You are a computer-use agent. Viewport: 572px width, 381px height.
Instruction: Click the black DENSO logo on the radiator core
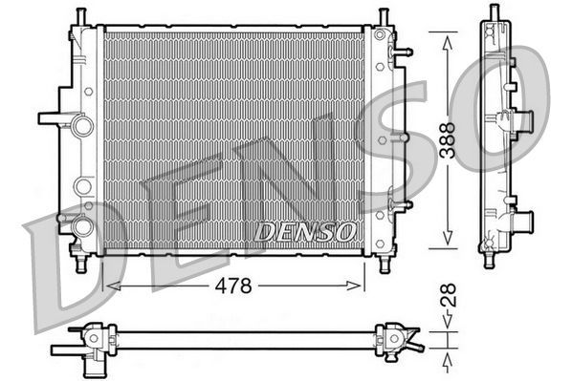pos(305,232)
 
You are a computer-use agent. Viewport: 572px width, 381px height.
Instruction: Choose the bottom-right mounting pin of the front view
pos(384,263)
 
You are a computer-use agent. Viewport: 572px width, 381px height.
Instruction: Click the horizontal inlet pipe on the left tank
pos(54,119)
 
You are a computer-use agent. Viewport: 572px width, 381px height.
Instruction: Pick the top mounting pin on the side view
pos(494,11)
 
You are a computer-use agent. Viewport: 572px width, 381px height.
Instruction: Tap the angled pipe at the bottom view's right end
pos(413,341)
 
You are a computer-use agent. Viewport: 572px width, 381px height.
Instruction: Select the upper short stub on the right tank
pos(403,52)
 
